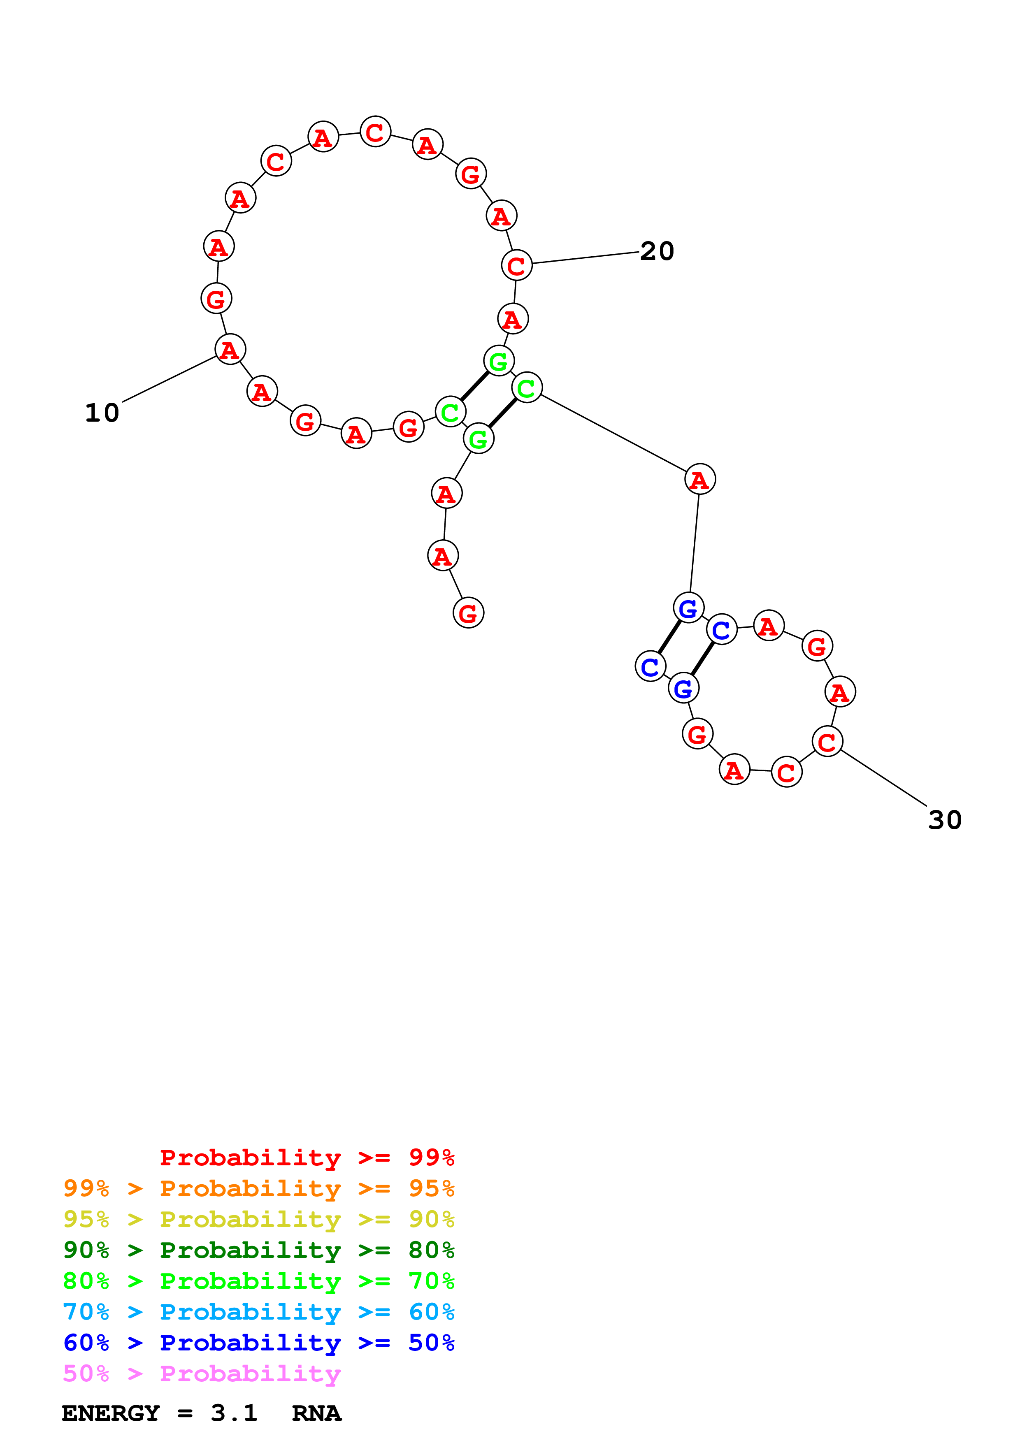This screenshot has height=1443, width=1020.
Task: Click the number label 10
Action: tap(102, 413)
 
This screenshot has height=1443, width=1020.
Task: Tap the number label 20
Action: tap(657, 251)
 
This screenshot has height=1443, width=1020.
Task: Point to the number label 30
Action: tap(945, 820)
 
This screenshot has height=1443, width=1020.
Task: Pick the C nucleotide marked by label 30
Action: tap(827, 742)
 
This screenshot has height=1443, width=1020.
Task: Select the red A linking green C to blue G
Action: tap(699, 480)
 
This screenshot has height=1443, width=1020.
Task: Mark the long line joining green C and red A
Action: tap(613, 433)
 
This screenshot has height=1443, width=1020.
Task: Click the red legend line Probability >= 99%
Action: tap(307, 1158)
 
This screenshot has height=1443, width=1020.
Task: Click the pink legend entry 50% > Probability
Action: tap(201, 1373)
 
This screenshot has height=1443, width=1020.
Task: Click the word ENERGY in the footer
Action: tap(111, 1413)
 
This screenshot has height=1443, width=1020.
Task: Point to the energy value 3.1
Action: tap(234, 1413)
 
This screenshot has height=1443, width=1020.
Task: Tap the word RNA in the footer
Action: tap(316, 1413)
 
